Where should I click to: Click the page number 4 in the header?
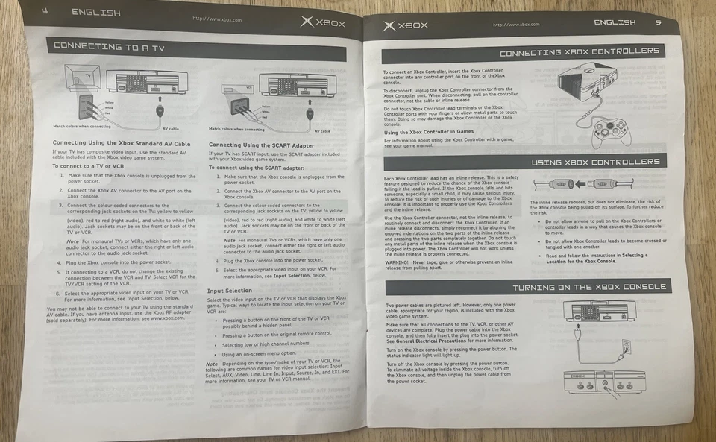45,11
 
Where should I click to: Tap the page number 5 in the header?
658,22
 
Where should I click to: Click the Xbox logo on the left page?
323,22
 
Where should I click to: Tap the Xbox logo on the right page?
406,25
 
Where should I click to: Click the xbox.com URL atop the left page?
217,19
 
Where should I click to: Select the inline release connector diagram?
583,183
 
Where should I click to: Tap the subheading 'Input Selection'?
229,290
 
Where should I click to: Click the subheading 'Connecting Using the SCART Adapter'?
261,145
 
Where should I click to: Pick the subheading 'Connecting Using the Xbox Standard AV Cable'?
121,142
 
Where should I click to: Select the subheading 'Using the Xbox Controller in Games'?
428,131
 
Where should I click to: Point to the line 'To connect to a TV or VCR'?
87,166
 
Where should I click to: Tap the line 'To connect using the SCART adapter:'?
250,168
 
